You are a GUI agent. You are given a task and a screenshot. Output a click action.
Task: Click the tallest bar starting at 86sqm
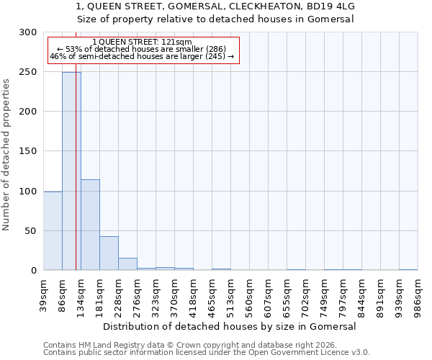tap(71, 171)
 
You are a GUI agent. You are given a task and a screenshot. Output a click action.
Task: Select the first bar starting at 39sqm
tap(53, 231)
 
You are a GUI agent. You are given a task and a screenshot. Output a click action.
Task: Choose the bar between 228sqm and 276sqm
tap(127, 264)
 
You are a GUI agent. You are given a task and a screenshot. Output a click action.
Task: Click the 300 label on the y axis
tap(28, 32)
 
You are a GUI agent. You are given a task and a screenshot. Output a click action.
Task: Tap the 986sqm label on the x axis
tap(418, 295)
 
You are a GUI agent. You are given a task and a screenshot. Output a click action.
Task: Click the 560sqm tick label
tap(250, 295)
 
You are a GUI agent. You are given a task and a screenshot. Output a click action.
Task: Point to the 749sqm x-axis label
tap(325, 295)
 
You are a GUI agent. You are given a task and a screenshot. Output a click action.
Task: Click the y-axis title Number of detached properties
tap(6, 155)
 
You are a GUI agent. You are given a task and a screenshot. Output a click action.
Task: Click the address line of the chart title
tap(215, 6)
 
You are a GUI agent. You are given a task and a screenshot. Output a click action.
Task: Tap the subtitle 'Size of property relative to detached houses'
tap(215, 19)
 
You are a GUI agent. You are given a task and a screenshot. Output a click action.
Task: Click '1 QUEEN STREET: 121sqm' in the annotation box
tap(142, 42)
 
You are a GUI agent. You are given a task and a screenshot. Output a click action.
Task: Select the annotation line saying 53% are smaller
tap(142, 49)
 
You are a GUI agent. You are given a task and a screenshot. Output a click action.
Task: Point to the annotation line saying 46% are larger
tap(142, 56)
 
